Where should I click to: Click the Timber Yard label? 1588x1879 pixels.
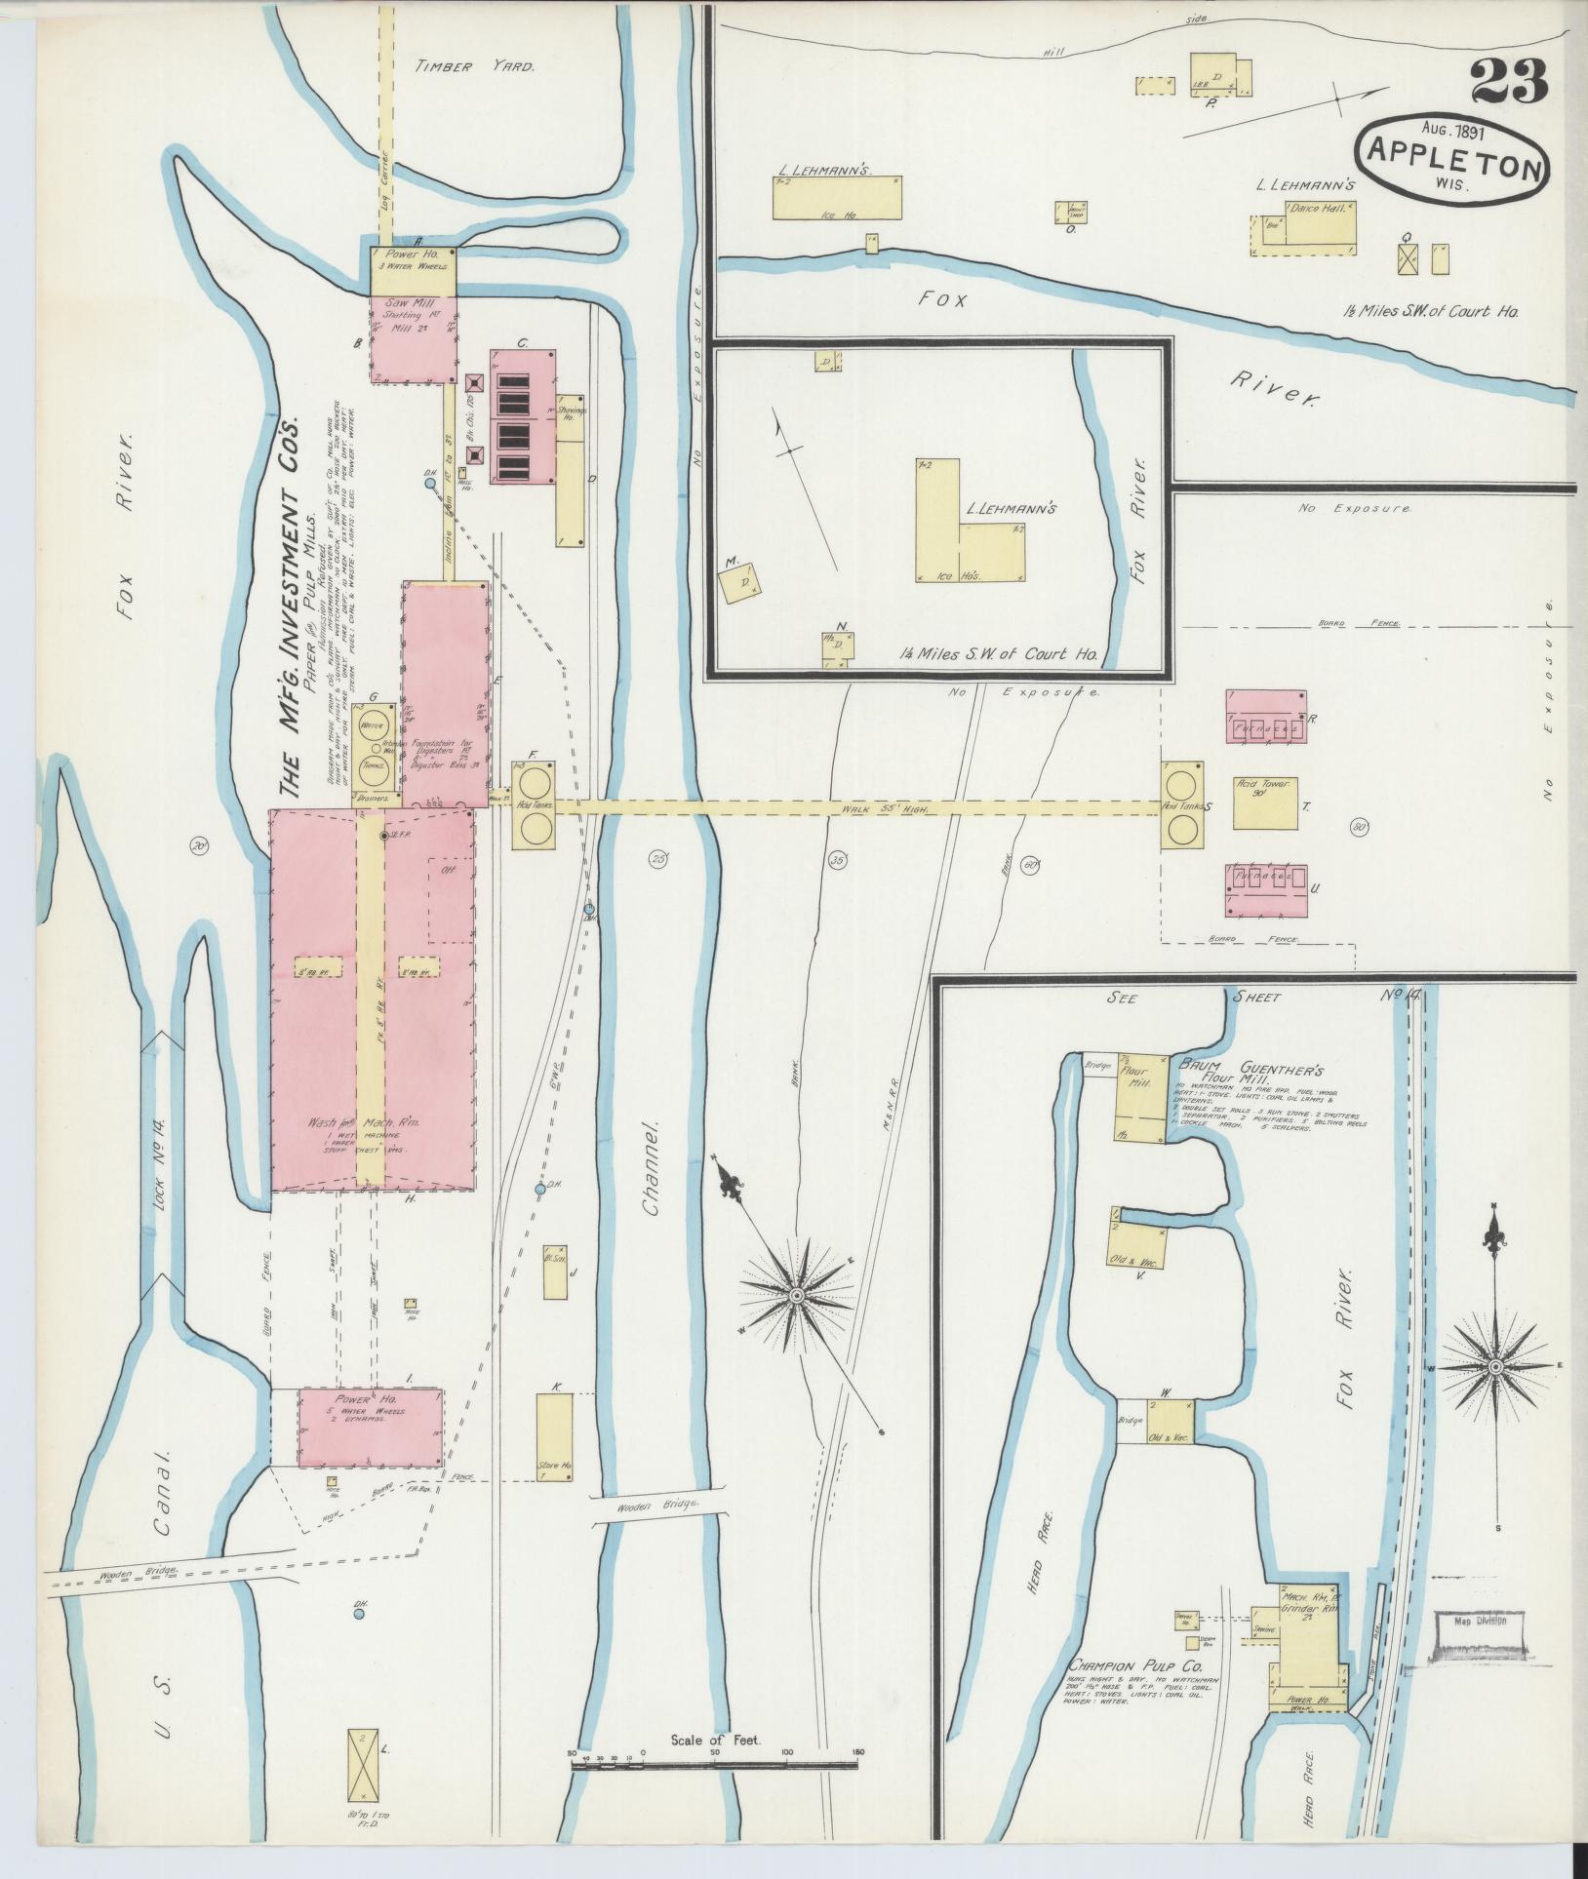[x=475, y=67]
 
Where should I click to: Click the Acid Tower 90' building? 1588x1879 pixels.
[x=1264, y=802]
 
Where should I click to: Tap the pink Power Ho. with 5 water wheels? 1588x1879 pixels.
[x=370, y=1428]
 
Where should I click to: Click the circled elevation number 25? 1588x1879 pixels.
[x=658, y=859]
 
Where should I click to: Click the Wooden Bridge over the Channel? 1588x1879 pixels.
[x=660, y=1531]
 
